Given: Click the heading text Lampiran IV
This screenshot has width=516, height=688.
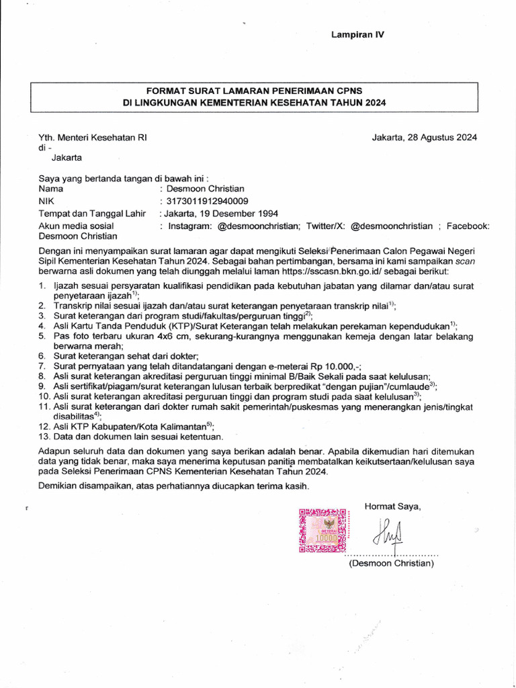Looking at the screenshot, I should coord(357,34).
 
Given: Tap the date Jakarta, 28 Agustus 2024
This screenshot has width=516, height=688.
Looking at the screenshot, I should coord(425,138).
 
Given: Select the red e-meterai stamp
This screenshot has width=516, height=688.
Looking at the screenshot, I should coord(323,531).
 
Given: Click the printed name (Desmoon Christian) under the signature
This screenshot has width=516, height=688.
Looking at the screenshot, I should coord(391,564).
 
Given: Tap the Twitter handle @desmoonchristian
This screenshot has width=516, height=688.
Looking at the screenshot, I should coord(392,226).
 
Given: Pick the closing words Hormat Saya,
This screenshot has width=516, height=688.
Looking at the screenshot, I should coord(392,506).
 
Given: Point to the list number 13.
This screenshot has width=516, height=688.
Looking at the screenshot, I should coord(44,437).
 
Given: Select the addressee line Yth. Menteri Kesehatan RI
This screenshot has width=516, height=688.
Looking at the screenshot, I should coord(92,138).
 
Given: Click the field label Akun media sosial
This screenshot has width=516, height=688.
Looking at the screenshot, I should coord(76,226).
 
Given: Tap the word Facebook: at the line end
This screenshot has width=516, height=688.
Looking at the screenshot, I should coord(468,226).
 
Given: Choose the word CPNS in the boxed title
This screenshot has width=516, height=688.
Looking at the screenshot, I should coord(343,91).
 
